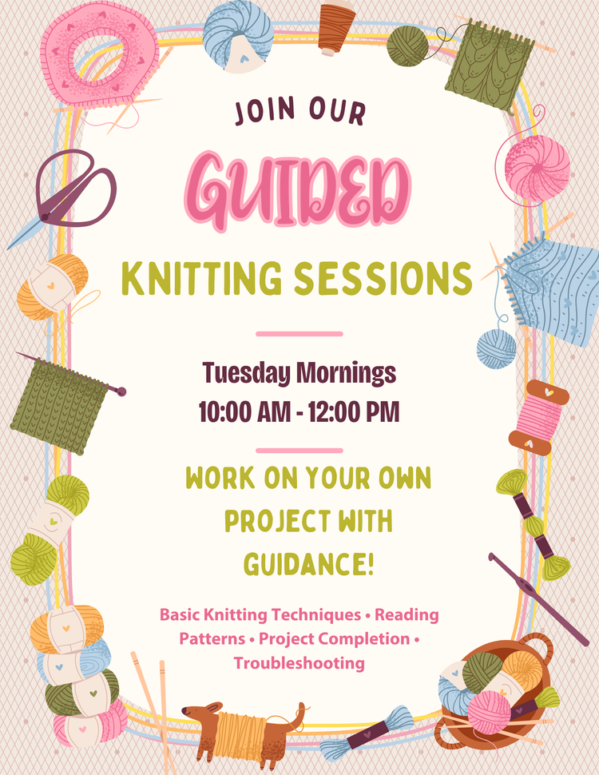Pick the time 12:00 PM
(355, 412)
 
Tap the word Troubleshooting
(299, 662)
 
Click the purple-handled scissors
(72, 192)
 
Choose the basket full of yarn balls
(495, 695)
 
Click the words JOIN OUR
(299, 112)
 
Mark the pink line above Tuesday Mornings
(299, 333)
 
